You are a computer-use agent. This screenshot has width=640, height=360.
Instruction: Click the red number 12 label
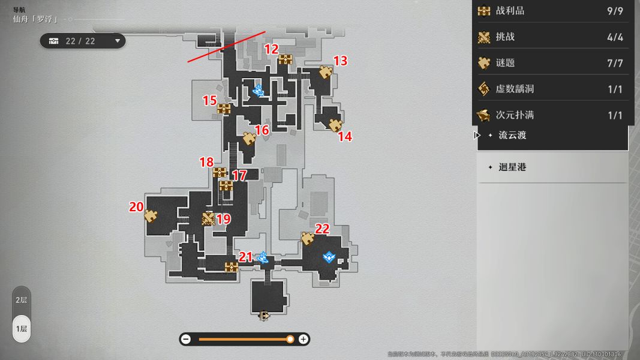tap(272, 49)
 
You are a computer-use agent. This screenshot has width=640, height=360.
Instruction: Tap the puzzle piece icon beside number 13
tap(326, 72)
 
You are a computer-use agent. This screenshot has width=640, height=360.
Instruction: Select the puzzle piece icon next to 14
tap(335, 125)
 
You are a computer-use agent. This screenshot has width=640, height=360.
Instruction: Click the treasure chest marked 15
tap(224, 109)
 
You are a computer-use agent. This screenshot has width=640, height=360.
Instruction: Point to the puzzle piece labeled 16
tap(249, 139)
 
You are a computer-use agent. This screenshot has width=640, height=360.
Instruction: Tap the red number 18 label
tap(206, 162)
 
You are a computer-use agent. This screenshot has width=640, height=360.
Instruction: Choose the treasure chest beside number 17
tap(226, 185)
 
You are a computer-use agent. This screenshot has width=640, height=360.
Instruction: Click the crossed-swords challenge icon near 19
tap(208, 219)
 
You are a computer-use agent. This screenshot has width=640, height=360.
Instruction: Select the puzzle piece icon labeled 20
tap(151, 216)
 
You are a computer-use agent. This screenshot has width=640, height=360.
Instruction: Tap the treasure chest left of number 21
tap(231, 267)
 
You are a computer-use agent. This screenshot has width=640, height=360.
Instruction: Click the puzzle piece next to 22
tap(308, 238)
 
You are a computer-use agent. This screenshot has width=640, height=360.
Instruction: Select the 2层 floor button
tap(21, 300)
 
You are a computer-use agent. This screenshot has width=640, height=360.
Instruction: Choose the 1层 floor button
tap(21, 328)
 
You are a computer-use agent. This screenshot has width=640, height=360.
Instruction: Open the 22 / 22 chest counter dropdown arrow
tap(118, 41)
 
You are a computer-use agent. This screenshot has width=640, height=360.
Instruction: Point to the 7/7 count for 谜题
tap(615, 63)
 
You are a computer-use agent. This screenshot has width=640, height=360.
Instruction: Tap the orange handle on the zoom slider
tap(290, 339)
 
